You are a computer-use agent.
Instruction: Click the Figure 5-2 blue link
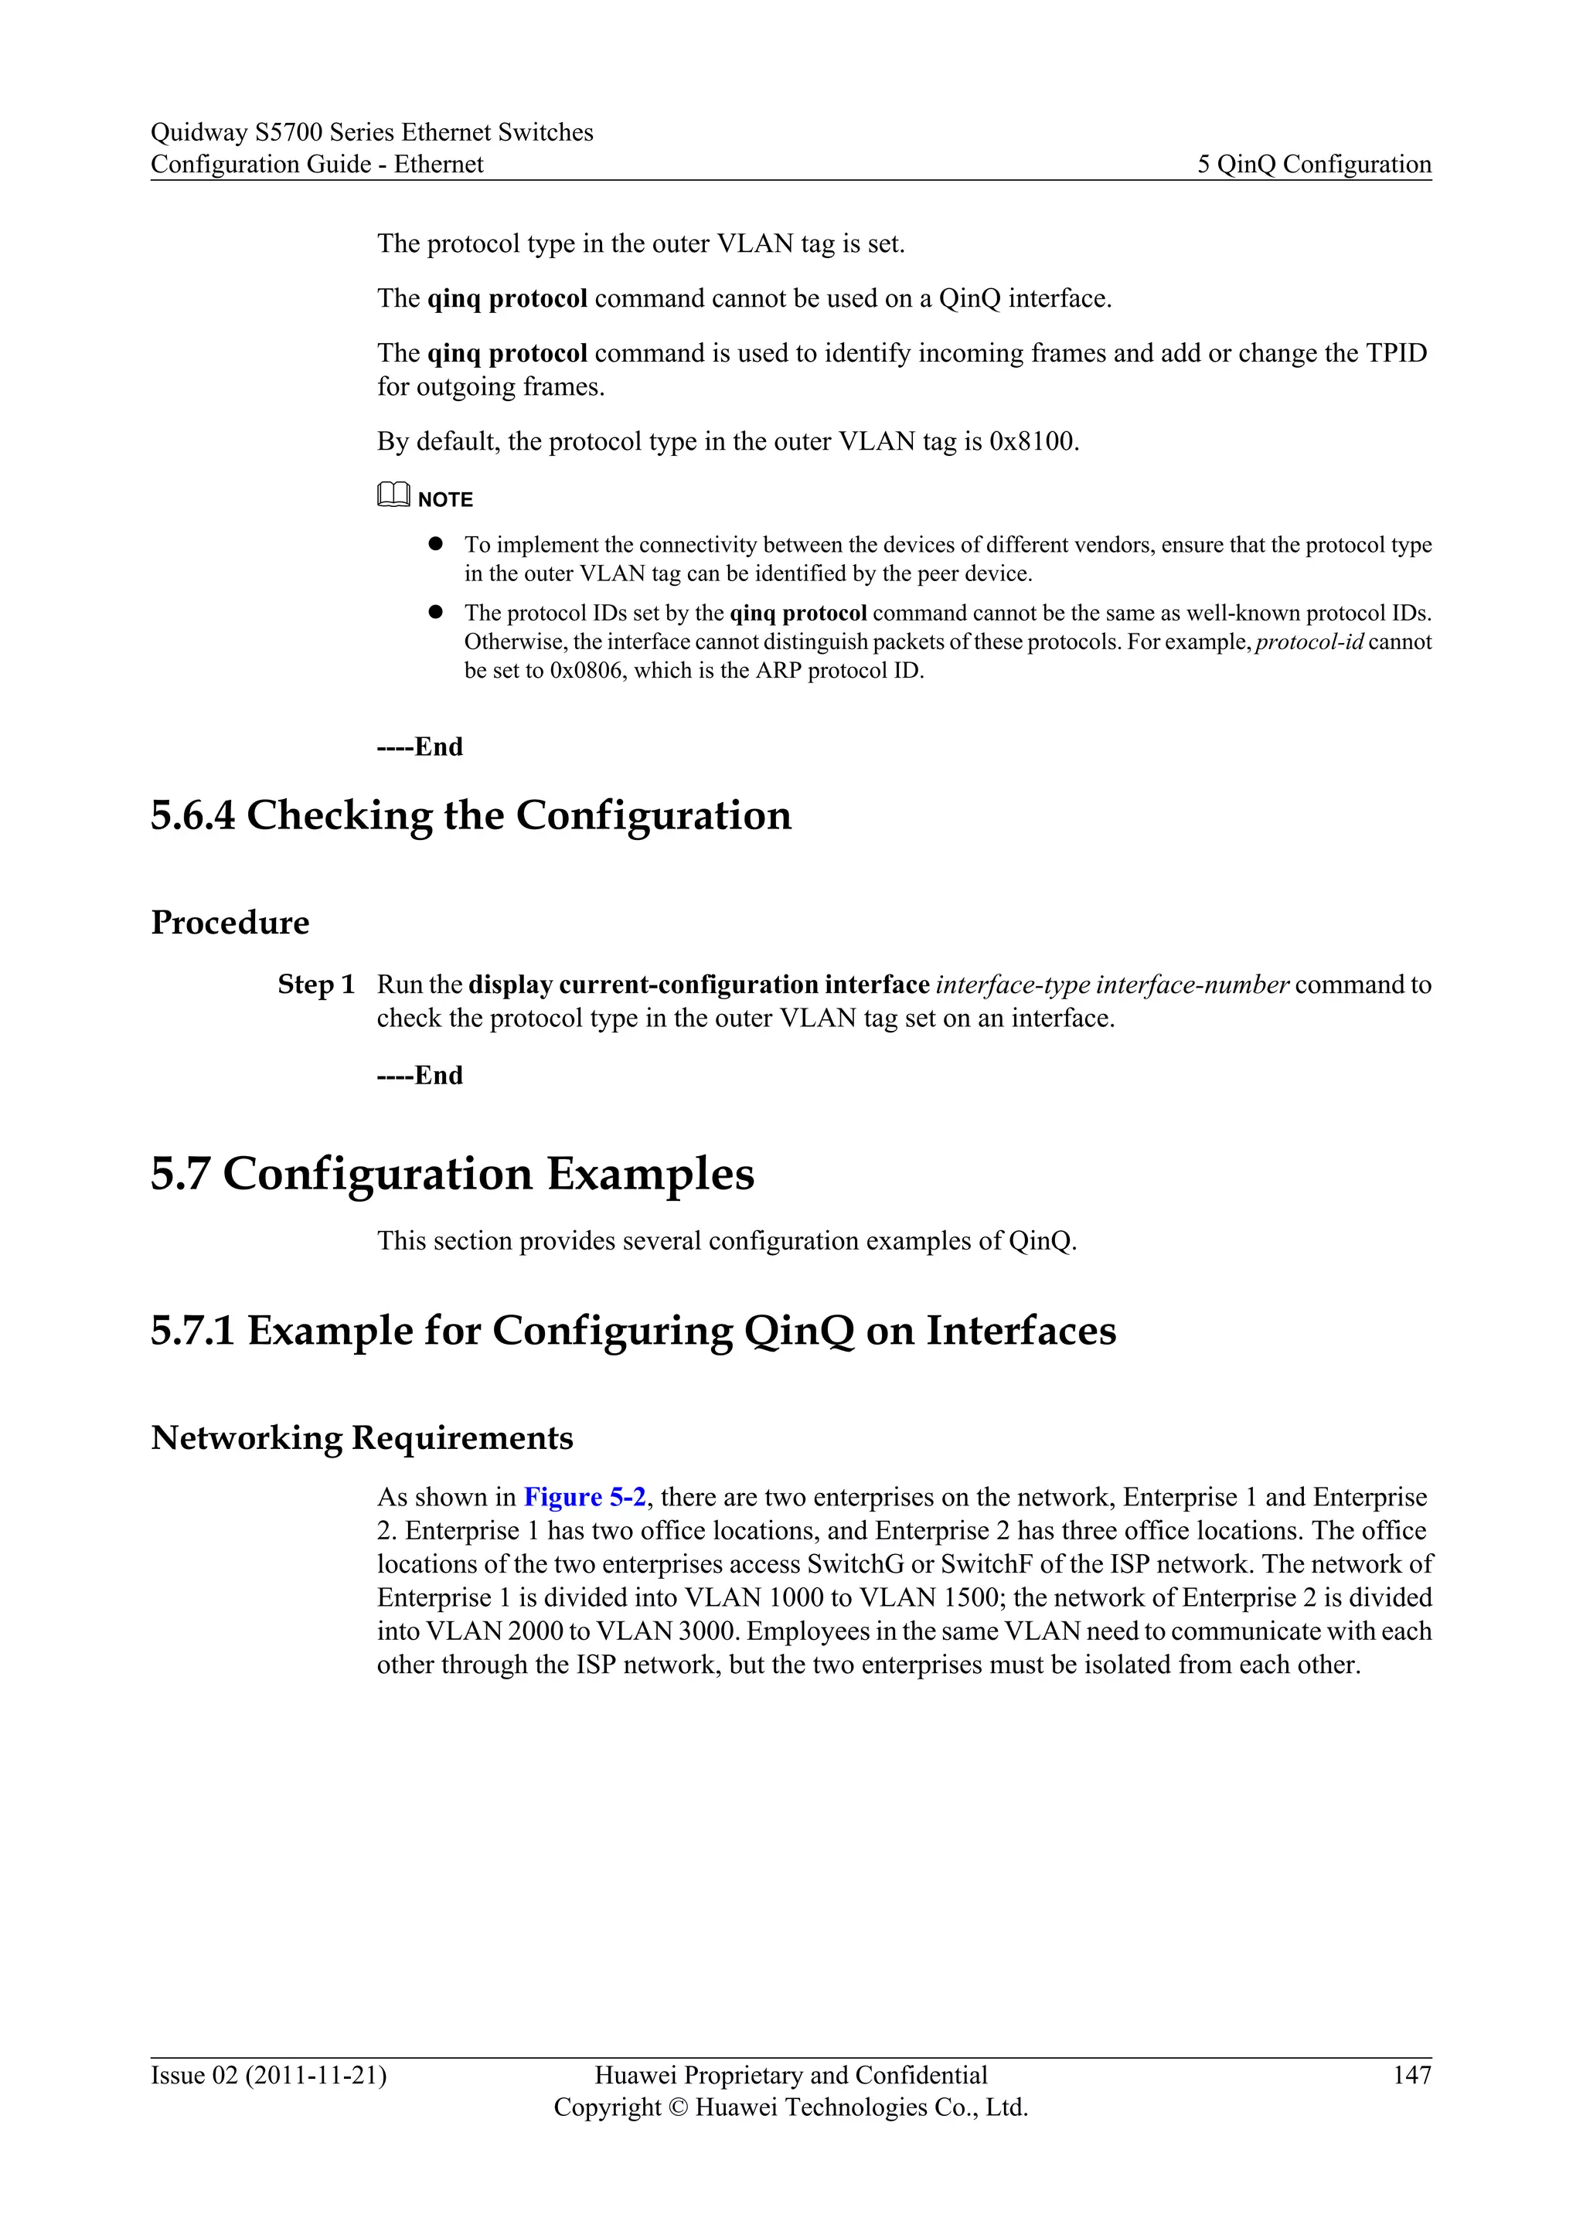(x=584, y=1497)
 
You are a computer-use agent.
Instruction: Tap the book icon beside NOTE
(x=393, y=497)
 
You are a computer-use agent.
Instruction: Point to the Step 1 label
(x=316, y=985)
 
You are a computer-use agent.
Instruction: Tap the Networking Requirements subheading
(x=362, y=1437)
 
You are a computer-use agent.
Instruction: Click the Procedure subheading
(x=230, y=922)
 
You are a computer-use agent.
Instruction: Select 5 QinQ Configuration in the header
(x=1314, y=164)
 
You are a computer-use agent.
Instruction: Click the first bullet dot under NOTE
(x=436, y=543)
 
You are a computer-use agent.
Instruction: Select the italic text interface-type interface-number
(x=1112, y=985)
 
